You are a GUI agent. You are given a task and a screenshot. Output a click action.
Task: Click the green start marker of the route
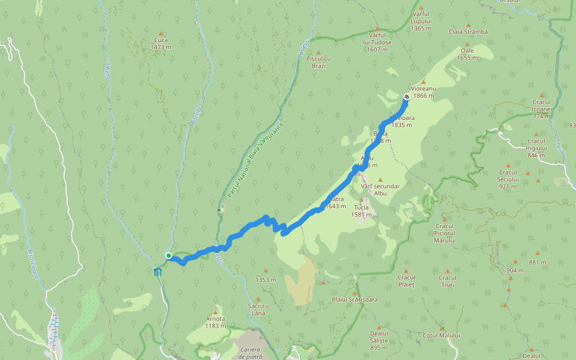[x=169, y=256]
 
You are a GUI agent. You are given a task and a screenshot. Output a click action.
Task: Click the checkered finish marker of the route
[x=407, y=97]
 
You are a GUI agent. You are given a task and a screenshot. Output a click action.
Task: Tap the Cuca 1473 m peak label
[x=160, y=44]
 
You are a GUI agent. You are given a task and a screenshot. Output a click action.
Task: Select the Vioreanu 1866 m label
[x=424, y=92]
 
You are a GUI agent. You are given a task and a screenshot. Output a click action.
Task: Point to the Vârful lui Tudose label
[x=377, y=43]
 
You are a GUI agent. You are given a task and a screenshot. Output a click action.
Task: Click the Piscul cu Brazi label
[x=319, y=62]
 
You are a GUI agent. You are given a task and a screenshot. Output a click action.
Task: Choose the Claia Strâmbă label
[x=469, y=31]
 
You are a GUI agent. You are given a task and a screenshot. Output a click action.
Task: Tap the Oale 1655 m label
[x=467, y=55]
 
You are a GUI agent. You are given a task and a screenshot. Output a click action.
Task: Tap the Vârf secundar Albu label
[x=380, y=190]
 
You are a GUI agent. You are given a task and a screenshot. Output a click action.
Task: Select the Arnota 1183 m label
[x=215, y=322]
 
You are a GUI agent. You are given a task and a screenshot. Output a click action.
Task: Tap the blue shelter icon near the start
[x=157, y=272]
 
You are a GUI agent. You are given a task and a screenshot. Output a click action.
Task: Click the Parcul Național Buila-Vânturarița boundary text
[x=255, y=160]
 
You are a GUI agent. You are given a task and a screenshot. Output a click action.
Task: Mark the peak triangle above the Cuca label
[x=160, y=34]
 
